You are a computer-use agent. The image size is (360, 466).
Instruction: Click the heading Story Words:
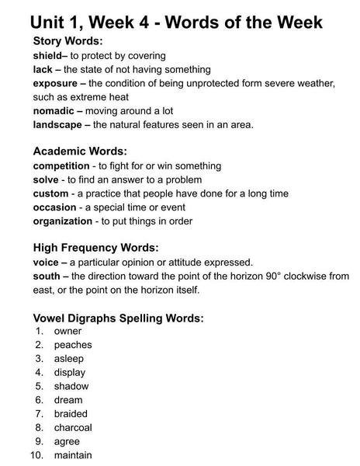pos(68,41)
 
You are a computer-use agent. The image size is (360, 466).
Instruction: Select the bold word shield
pos(47,56)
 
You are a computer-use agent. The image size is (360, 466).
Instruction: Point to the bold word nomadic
pos(53,111)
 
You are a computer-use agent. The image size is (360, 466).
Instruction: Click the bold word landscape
pos(57,124)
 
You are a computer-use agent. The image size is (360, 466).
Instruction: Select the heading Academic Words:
pos(80,151)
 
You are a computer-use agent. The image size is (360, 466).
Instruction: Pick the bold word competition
pos(61,166)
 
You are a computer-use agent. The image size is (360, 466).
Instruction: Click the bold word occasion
pos(54,207)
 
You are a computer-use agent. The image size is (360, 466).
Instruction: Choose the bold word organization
pos(63,221)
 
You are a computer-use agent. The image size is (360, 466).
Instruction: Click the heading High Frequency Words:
pos(95,248)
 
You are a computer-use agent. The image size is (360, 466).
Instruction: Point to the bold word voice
pos(47,263)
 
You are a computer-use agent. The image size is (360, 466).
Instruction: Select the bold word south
pos(47,276)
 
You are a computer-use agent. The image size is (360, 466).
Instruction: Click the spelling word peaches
pos(73,345)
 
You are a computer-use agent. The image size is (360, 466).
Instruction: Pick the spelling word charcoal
pos(73,427)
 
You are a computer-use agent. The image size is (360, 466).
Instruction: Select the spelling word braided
pos(71,414)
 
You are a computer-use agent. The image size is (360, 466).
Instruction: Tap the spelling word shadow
pos(71,386)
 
